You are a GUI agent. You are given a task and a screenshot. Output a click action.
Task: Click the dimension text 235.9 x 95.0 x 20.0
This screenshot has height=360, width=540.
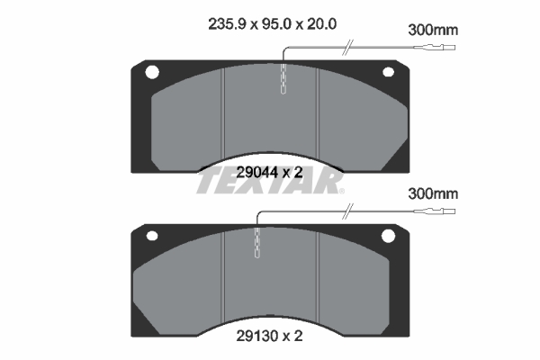point(272,24)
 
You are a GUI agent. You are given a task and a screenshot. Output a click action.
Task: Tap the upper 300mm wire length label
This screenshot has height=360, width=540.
point(433,31)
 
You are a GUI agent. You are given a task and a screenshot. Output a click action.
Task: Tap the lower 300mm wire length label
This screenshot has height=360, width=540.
point(433,194)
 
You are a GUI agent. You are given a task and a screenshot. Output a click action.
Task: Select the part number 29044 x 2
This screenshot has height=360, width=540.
point(269,172)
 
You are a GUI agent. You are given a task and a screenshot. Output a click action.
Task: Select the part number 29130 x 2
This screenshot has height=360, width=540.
point(269,336)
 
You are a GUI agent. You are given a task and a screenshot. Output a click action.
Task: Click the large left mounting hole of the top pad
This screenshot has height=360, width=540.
point(152,72)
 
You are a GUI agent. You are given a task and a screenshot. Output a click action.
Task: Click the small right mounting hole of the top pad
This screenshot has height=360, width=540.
point(389,72)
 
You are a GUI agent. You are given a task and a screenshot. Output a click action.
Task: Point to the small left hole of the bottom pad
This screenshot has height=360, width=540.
point(152,236)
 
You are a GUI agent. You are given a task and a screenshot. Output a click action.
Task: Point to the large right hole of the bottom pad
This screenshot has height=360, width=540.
point(388,236)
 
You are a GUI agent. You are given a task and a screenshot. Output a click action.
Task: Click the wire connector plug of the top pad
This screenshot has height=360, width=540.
point(435,47)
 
